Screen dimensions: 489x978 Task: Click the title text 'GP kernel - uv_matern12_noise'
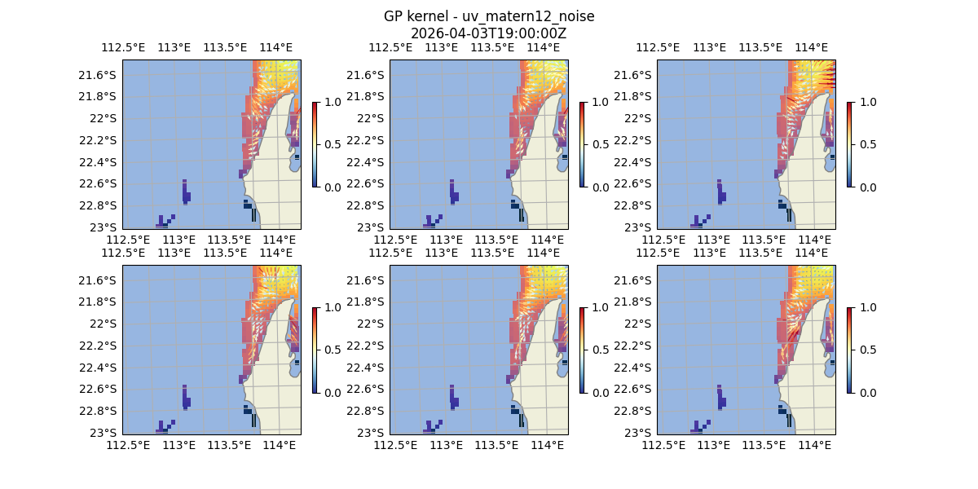point(489,16)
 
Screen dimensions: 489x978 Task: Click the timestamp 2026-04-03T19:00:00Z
point(489,33)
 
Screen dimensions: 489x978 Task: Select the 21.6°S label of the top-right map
point(635,75)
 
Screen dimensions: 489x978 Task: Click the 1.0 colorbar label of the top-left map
point(330,102)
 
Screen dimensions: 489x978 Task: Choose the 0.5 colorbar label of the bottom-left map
point(330,350)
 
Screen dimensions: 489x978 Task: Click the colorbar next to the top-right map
point(849,144)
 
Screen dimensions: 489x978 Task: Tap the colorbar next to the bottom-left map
point(315,350)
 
